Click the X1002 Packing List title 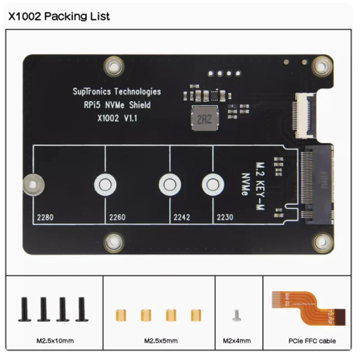tap(59, 17)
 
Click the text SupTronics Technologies tap(117, 92)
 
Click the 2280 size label tap(46, 218)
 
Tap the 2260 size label tap(117, 218)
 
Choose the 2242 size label tap(182, 218)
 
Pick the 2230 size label tap(225, 218)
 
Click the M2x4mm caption tap(237, 341)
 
